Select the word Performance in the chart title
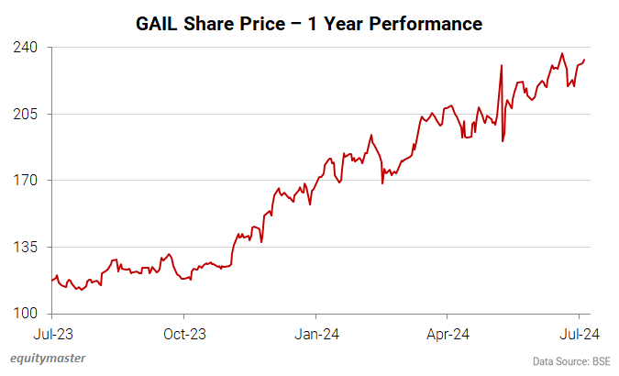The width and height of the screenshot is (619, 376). click(427, 21)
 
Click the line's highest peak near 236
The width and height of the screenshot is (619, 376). click(562, 53)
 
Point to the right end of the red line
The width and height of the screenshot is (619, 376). click(585, 61)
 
